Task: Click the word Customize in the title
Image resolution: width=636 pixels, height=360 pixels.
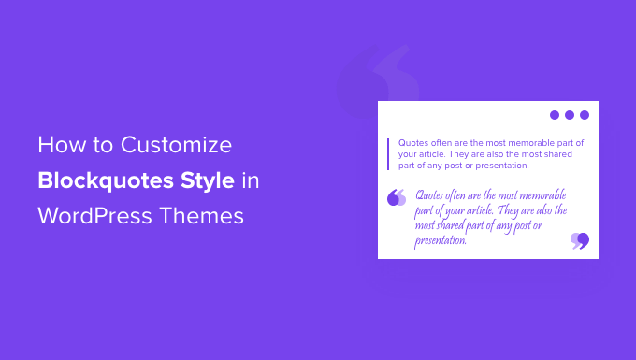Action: (178, 146)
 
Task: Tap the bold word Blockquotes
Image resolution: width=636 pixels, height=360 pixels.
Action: (106, 180)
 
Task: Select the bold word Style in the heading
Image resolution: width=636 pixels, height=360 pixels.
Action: (206, 180)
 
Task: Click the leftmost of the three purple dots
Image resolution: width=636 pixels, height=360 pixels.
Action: (555, 115)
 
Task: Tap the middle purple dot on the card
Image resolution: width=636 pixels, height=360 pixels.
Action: (570, 115)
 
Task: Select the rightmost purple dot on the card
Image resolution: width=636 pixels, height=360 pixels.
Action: (585, 115)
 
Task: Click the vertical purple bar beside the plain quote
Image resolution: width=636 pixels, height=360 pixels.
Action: (387, 153)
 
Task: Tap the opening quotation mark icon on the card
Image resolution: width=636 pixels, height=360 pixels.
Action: (397, 197)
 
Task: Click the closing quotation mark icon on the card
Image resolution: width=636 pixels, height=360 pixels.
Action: (580, 241)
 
